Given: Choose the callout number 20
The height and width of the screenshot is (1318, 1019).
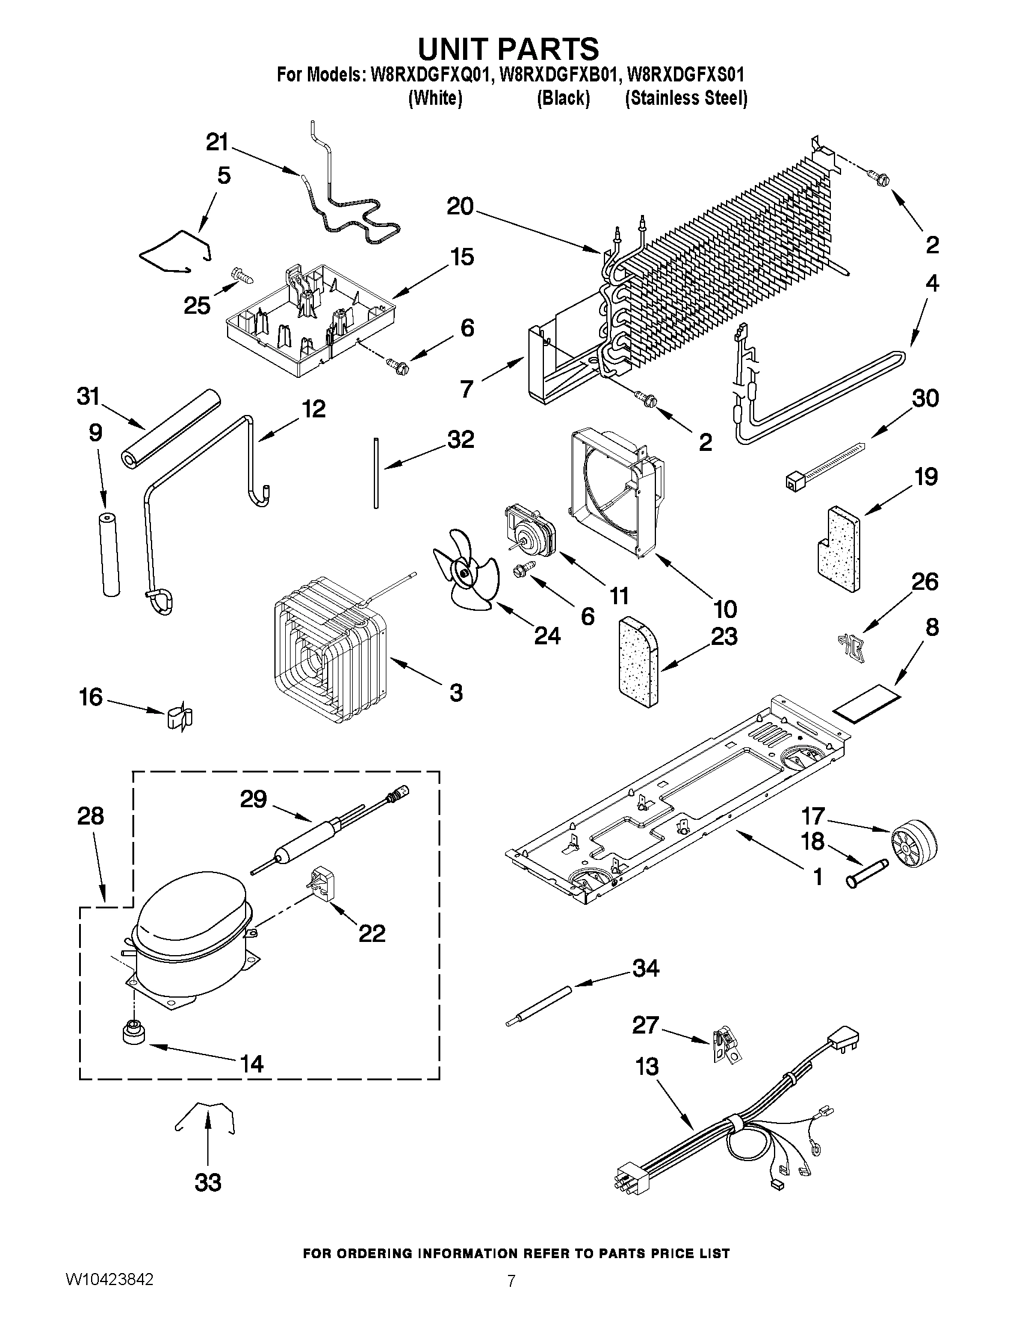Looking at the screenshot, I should coord(460,207).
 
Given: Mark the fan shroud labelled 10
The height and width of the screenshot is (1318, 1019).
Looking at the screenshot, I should coord(613,489).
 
